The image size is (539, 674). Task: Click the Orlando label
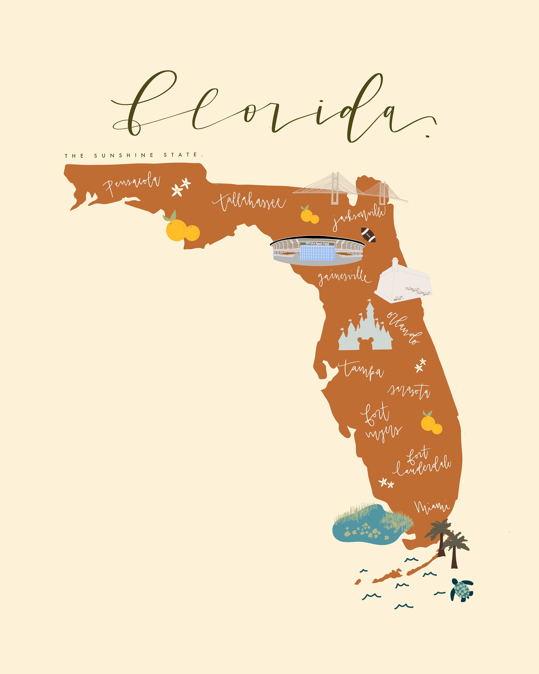[x=404, y=328]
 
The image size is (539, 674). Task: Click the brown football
[x=368, y=235]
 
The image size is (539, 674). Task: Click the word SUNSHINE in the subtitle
[x=124, y=155]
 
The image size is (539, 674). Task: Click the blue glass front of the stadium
[x=317, y=253]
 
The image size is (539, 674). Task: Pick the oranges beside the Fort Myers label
[x=431, y=423]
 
